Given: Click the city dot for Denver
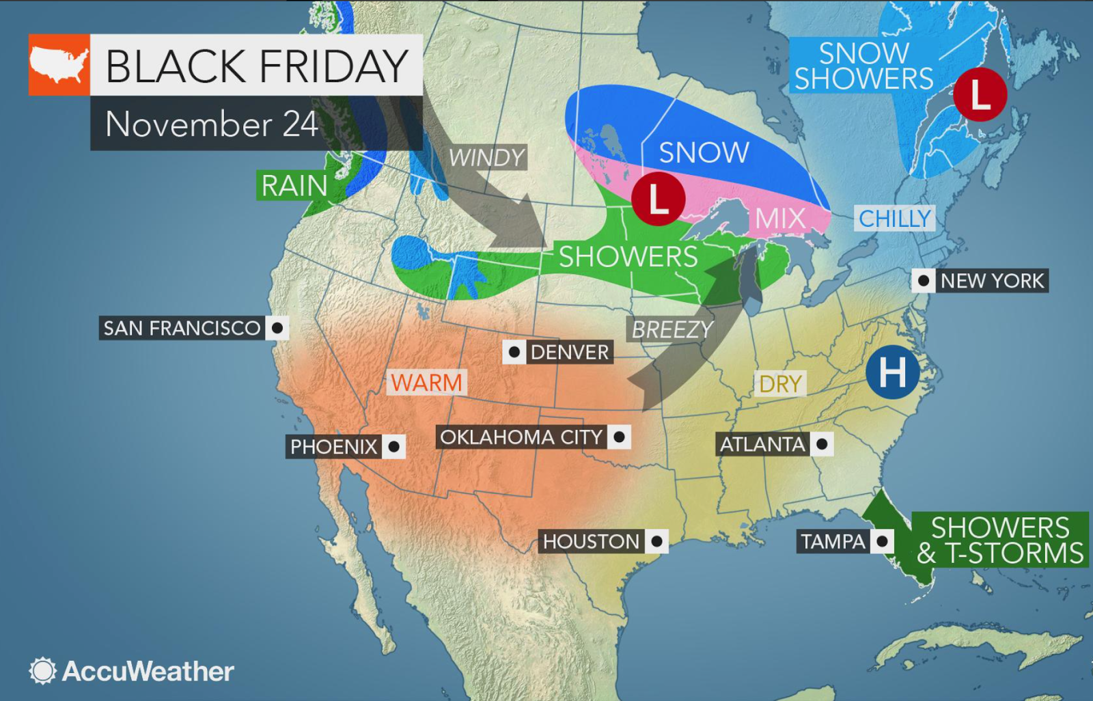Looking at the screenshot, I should click(514, 352).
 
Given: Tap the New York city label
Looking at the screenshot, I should click(992, 281).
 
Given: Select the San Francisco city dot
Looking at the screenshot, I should click(277, 328).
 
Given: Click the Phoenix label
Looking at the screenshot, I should click(333, 447).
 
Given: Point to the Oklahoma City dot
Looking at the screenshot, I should click(620, 437).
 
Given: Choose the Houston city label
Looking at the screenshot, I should click(591, 542).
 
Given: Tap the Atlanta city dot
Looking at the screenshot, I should click(822, 444).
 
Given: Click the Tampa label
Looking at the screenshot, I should click(833, 542).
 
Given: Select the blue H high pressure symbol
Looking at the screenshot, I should click(892, 372).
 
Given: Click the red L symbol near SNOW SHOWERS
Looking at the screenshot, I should click(980, 95).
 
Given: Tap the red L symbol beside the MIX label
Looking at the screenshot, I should click(658, 199).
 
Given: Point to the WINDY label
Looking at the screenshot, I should click(486, 158).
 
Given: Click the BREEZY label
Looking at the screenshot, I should click(672, 329).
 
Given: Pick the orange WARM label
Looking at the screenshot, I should click(427, 383).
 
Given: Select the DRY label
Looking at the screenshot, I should click(780, 384).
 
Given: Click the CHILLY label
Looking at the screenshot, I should click(894, 219).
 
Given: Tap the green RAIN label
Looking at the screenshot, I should click(294, 186).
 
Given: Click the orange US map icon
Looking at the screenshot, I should click(59, 65).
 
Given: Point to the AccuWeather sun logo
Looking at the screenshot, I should click(42, 671).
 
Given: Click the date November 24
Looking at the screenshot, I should click(212, 124).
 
